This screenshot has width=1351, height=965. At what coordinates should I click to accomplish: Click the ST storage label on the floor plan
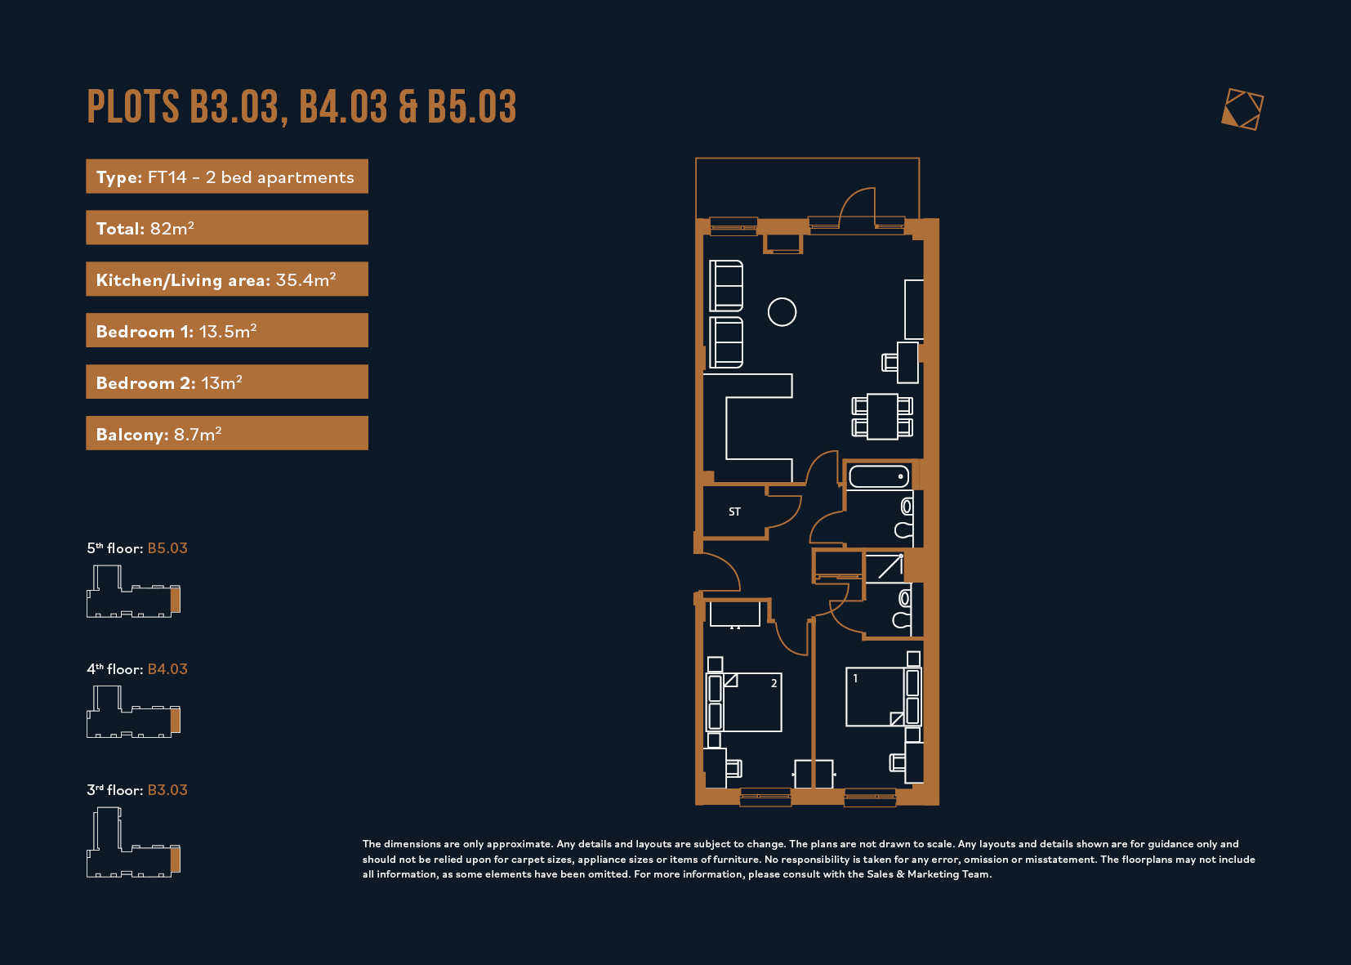(x=734, y=512)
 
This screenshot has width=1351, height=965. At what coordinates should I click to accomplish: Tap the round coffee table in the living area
(x=782, y=312)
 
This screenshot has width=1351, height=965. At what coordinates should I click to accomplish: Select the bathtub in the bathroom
(x=878, y=476)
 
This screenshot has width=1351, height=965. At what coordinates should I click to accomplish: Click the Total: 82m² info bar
(x=227, y=227)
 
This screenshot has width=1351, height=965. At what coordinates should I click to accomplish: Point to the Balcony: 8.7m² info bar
(x=227, y=433)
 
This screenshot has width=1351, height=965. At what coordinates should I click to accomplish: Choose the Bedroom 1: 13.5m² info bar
(x=227, y=330)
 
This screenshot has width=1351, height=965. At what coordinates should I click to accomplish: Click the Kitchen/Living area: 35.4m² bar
(x=227, y=279)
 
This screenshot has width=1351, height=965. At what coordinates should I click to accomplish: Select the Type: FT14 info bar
(x=227, y=176)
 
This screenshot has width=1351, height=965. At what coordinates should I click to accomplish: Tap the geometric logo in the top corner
(x=1242, y=109)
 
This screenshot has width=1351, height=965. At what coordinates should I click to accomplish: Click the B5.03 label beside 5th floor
(x=167, y=548)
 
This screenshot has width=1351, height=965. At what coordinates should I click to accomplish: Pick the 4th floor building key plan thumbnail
(x=133, y=713)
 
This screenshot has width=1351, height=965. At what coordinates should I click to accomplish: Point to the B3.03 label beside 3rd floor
(x=167, y=790)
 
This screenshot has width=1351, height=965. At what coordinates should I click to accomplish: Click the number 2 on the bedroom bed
(x=774, y=683)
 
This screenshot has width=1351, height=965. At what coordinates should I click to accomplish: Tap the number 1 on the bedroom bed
(x=855, y=678)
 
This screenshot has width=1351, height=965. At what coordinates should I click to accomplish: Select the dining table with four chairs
(x=882, y=416)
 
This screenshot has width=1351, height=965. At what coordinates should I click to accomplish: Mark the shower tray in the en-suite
(x=884, y=568)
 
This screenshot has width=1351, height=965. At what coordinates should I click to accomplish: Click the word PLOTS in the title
(x=133, y=107)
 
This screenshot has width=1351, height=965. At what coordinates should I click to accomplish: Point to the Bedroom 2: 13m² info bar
(x=227, y=382)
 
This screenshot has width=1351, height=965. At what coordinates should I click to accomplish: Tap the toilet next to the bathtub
(x=904, y=518)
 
